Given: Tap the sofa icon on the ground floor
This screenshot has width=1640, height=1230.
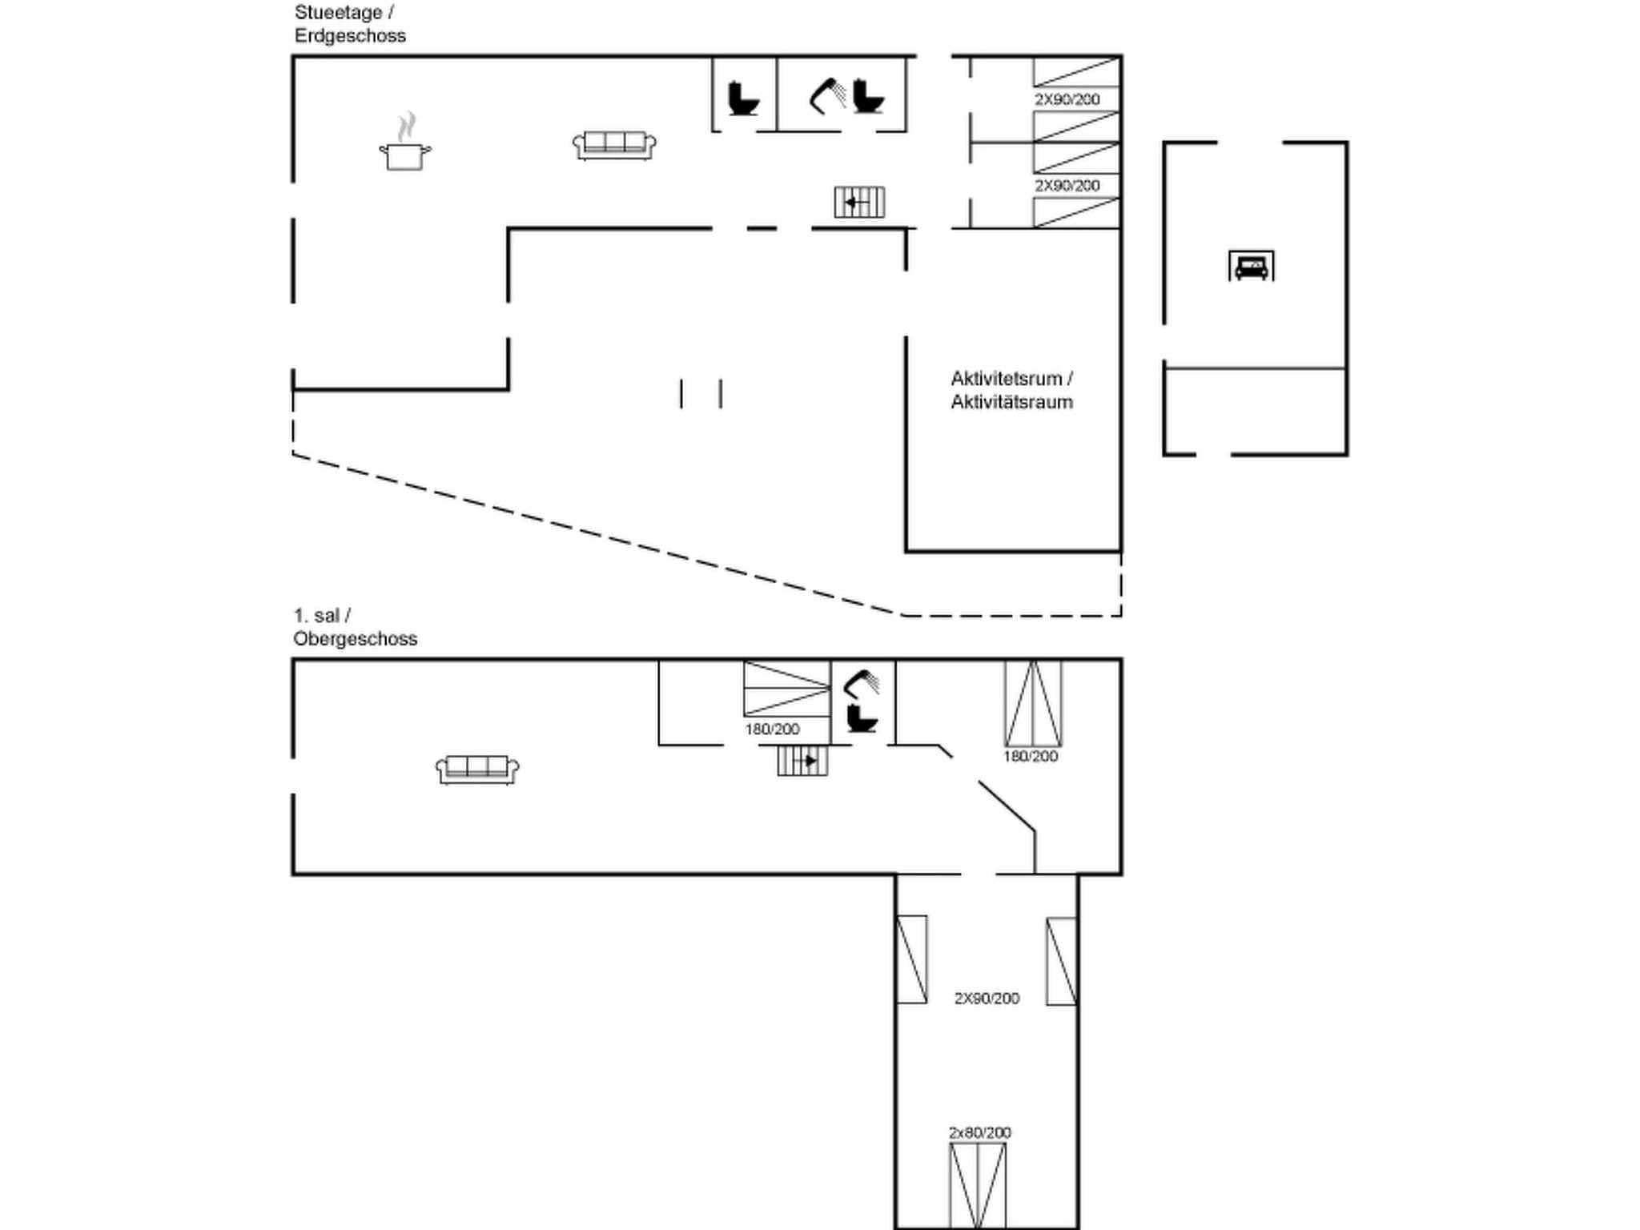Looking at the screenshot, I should (x=614, y=146).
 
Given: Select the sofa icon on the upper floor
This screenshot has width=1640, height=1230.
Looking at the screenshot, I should (x=477, y=770).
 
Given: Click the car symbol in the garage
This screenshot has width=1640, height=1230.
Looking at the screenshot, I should (x=1251, y=266).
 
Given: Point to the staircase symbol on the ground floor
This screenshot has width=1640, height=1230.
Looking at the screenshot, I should (x=859, y=202).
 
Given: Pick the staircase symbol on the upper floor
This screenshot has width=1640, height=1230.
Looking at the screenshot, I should (x=802, y=760).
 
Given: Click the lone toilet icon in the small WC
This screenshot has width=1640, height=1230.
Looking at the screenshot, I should (x=742, y=98).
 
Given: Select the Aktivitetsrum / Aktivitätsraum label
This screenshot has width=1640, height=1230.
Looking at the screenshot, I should (x=1011, y=390).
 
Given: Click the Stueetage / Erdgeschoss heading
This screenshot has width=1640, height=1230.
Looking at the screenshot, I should (x=350, y=24).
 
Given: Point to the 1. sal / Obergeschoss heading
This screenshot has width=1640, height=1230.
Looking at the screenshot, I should (x=355, y=627).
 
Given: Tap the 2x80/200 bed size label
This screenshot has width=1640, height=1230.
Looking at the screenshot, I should (x=979, y=1132).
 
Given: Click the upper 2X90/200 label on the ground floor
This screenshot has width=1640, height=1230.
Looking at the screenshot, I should (x=1067, y=99).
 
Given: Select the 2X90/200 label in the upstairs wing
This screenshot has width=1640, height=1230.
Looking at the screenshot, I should (x=987, y=998).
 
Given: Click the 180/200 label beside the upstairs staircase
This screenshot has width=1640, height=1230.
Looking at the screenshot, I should (x=772, y=729).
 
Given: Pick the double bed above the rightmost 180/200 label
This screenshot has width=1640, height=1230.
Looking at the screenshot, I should (x=1033, y=703).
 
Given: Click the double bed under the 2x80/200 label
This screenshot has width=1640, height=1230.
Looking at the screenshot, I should (x=978, y=1184).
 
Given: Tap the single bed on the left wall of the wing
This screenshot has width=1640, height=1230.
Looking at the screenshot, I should (x=911, y=959).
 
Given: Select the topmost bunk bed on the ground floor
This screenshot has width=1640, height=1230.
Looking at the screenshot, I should (x=1076, y=72).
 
